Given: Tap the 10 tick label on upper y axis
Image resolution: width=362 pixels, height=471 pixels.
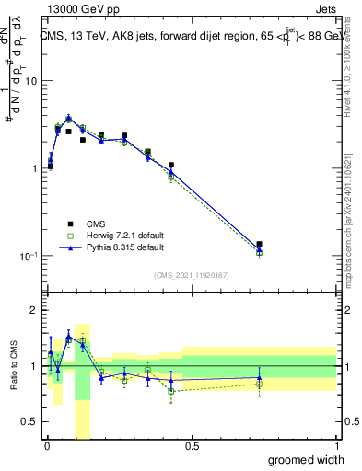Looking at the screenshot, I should (29, 81).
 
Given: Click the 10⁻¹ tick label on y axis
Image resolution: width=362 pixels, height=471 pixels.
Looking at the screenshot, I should (27, 256).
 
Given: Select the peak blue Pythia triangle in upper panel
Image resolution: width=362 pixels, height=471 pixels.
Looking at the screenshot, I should (68, 118).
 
